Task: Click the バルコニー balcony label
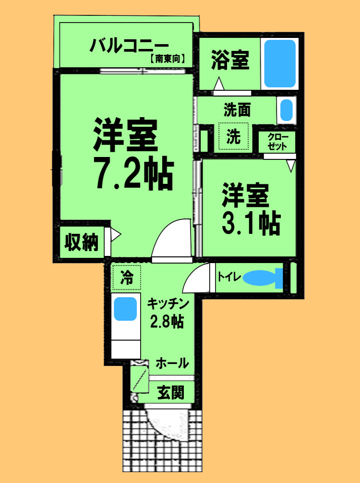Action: (128, 47)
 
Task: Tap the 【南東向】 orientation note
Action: (167, 60)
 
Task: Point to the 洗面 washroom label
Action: (237, 110)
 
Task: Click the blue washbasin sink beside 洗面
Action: (286, 110)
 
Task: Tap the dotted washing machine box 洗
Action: (234, 137)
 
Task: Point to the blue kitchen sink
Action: (125, 309)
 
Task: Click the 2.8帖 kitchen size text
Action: (167, 321)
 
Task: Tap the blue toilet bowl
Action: (259, 278)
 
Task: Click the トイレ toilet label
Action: (229, 277)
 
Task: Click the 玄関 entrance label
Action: (170, 393)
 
